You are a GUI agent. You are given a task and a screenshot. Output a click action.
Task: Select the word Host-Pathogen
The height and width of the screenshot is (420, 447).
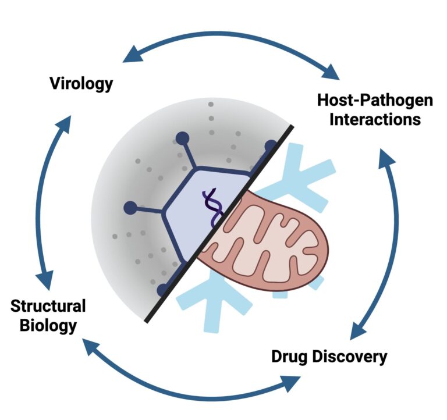(x=375, y=100)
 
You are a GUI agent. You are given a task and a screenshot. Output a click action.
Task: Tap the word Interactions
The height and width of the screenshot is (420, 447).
(x=375, y=119)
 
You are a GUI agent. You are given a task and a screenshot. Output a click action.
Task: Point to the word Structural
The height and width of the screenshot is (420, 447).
(x=48, y=306)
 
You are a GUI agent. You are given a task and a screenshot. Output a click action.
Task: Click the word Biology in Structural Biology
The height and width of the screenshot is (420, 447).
(x=48, y=325)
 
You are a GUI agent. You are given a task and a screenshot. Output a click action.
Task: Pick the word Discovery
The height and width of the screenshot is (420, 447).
(x=352, y=356)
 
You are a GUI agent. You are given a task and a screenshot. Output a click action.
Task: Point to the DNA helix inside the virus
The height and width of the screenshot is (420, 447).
(x=212, y=209)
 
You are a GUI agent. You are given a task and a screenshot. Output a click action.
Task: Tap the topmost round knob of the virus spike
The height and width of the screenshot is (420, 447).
(x=182, y=138)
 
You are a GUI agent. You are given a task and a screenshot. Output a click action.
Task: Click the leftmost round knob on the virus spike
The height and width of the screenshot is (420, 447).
(x=130, y=208)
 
